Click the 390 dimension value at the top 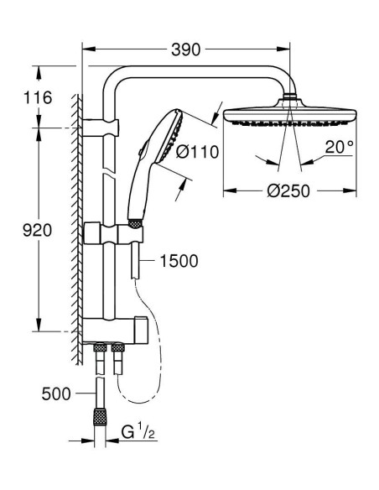[x=186, y=50]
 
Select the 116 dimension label [x=38, y=98]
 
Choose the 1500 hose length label [x=178, y=261]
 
